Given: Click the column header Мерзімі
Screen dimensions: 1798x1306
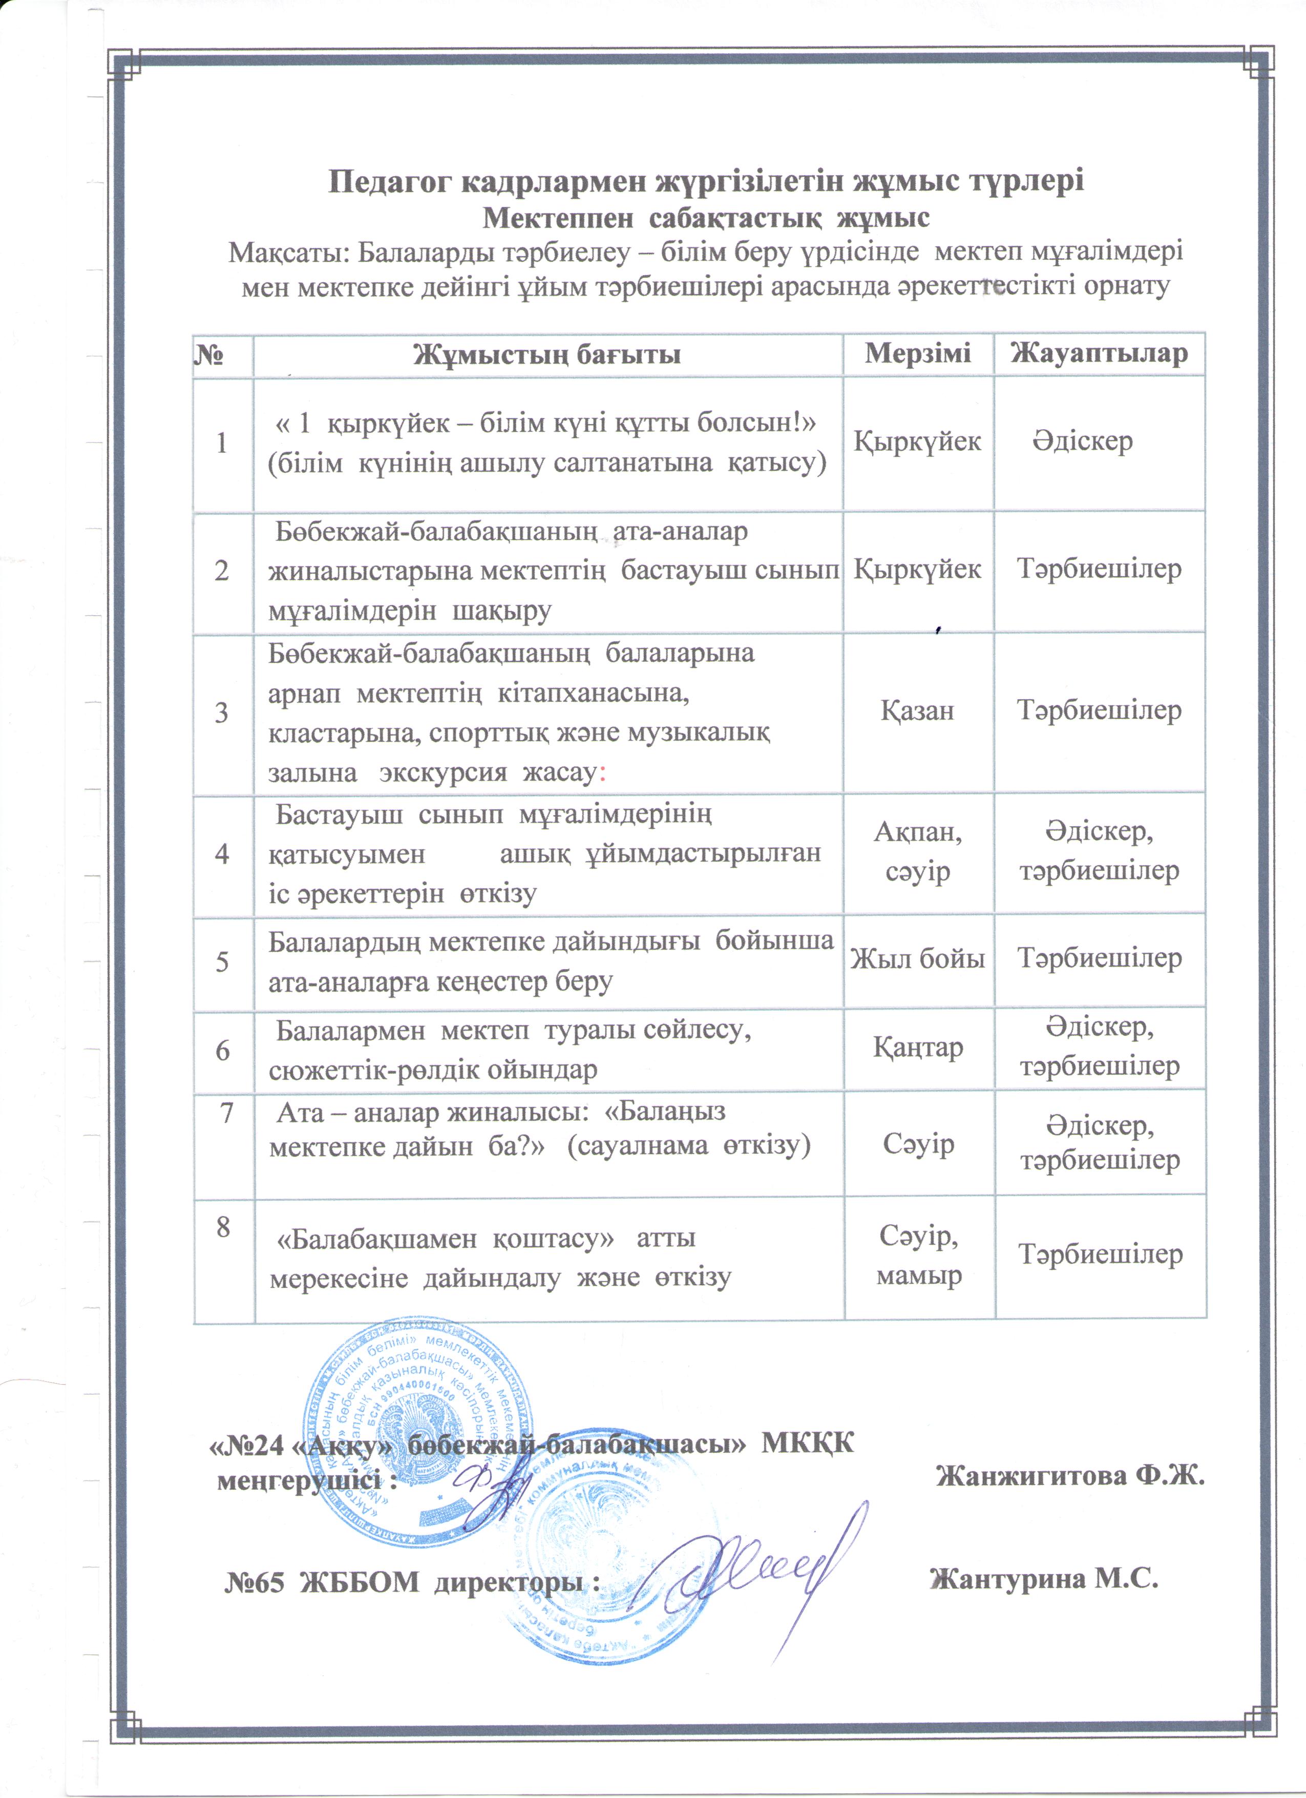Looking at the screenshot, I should click(x=918, y=353).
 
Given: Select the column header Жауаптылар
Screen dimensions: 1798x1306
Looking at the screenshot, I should click(x=1099, y=353).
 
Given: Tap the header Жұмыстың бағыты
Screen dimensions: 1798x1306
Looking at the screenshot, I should click(x=547, y=353).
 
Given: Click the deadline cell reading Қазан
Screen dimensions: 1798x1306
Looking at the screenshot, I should click(x=918, y=710).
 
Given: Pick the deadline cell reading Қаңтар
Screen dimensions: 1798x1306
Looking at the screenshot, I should click(x=918, y=1048).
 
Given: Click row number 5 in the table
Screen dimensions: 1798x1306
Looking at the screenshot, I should click(x=223, y=961).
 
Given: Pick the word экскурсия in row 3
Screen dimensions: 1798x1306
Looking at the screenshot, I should click(x=442, y=772).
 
